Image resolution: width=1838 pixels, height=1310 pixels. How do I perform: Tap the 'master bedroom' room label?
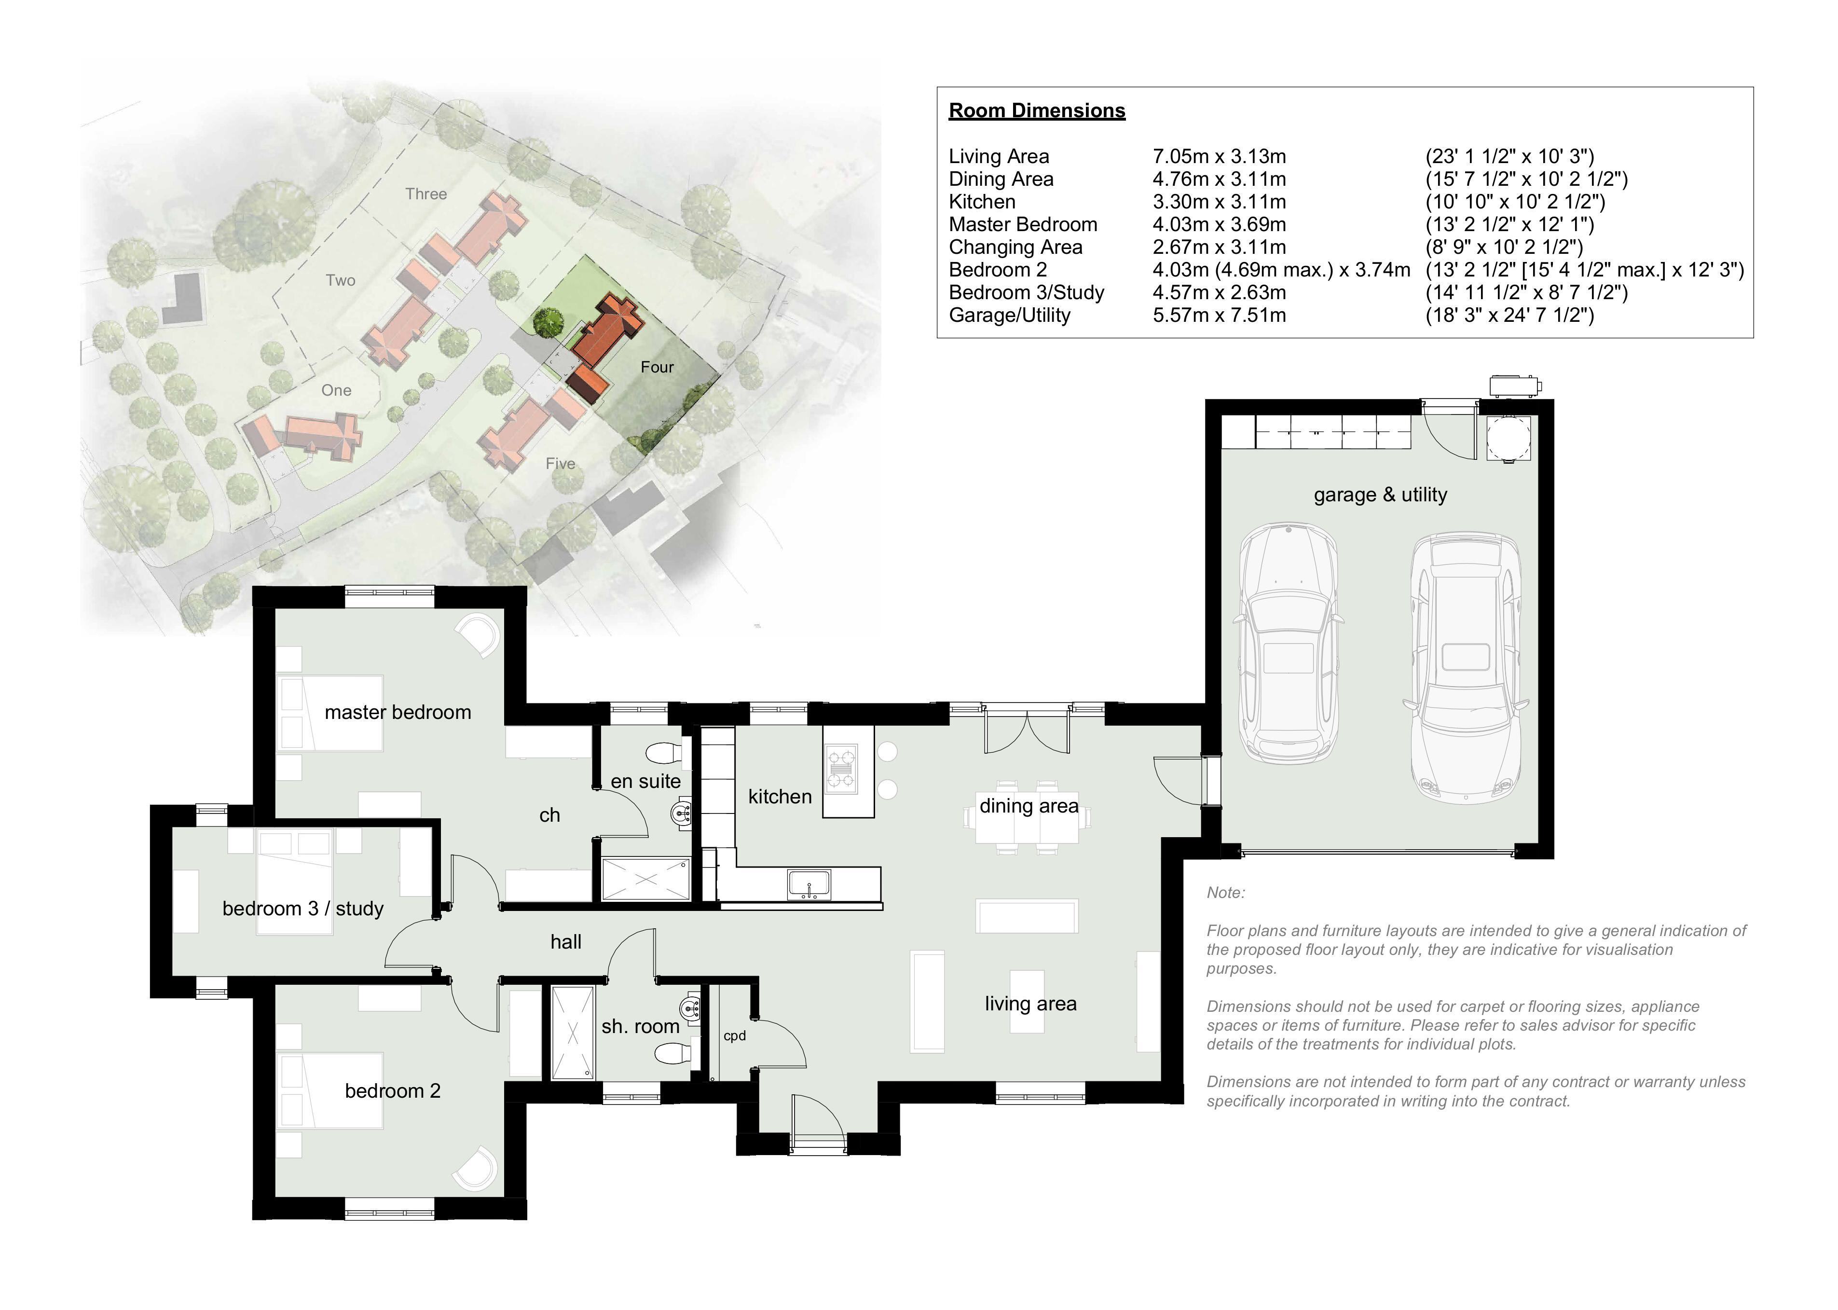398,712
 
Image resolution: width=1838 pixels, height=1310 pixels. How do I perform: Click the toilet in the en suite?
665,753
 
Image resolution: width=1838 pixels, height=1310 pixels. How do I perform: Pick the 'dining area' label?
1029,806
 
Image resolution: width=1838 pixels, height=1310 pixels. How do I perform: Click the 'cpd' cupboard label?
734,1036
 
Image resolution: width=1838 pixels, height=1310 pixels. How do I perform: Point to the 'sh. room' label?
640,1026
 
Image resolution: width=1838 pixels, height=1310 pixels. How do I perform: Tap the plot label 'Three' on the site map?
426,193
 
